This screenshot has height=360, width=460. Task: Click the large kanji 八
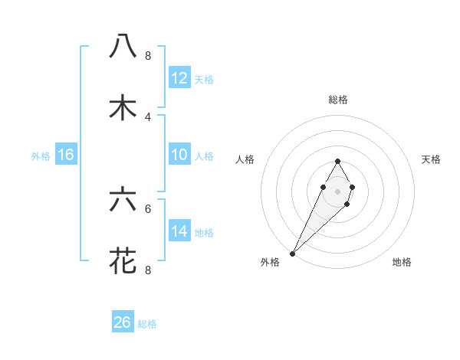(123, 46)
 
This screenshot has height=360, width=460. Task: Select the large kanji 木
(123, 108)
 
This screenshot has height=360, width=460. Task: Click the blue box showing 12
(179, 78)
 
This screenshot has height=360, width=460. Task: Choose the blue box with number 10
(179, 155)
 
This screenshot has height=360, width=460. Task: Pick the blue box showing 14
(179, 231)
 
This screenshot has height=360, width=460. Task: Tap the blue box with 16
(66, 155)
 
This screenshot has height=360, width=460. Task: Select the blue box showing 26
(123, 322)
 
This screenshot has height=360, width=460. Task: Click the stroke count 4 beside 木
(148, 117)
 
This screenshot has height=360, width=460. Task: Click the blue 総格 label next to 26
(147, 324)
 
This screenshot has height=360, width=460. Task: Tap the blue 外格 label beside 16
(41, 156)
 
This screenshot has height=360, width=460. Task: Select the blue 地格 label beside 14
(204, 233)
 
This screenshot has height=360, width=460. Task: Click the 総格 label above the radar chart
(337, 100)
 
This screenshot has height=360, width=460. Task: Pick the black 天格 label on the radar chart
(432, 159)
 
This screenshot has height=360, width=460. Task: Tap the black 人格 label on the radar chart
(245, 159)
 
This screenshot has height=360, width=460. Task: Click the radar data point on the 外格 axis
(293, 252)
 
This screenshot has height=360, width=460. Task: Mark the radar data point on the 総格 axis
(337, 161)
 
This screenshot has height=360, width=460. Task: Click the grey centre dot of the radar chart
(337, 190)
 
